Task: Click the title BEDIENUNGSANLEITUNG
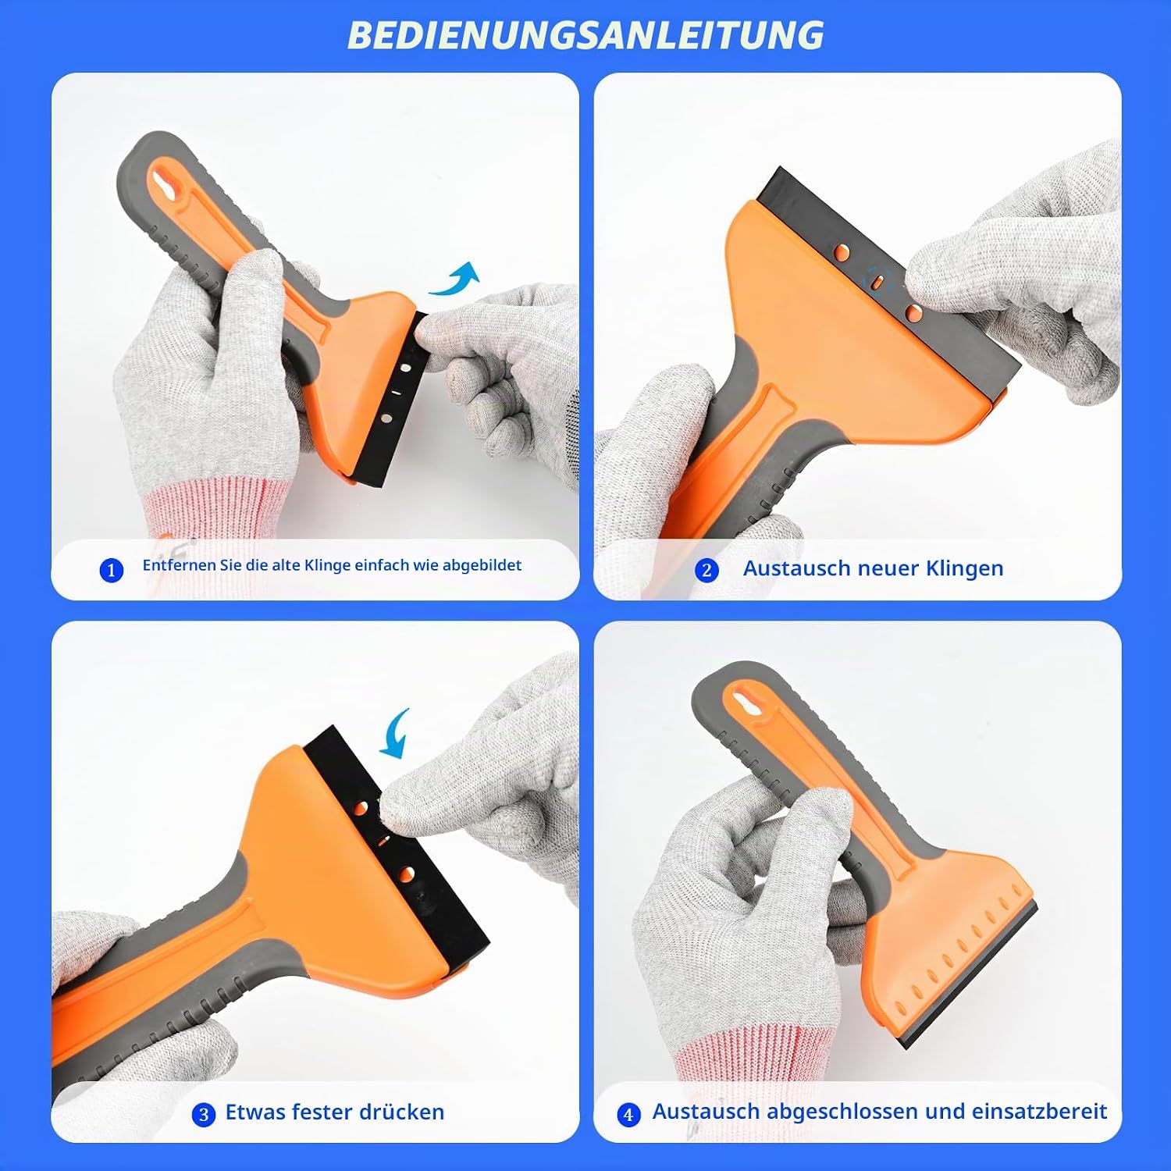tap(585, 35)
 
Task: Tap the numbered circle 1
tap(112, 571)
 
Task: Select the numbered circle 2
tap(707, 570)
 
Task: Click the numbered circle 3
tap(204, 1114)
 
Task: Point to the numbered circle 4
tap(628, 1114)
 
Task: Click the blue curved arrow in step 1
tap(455, 279)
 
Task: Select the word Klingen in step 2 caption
tap(964, 569)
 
